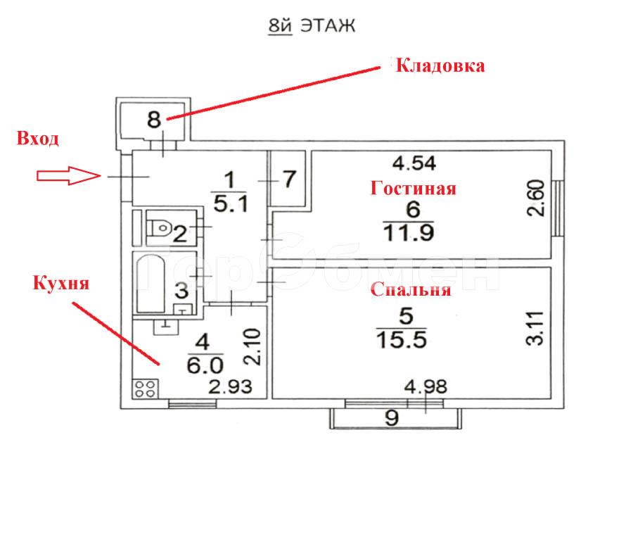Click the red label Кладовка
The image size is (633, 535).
[x=440, y=65]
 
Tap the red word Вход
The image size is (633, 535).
[x=37, y=139]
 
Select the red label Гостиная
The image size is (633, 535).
[x=414, y=188]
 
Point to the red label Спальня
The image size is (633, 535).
[x=411, y=289]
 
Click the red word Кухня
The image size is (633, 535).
[x=60, y=282]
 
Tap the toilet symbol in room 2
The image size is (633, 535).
[x=160, y=228]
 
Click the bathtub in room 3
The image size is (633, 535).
[x=151, y=284]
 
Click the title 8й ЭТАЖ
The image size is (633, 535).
[x=312, y=26]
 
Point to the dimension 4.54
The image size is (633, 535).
[x=414, y=163]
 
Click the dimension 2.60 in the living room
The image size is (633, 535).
[x=536, y=198]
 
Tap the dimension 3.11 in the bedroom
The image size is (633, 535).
[x=535, y=328]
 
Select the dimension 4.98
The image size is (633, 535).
[x=426, y=386]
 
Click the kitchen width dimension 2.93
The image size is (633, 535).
[x=230, y=386]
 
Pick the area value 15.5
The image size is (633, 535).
[x=402, y=339]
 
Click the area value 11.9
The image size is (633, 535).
[x=409, y=233]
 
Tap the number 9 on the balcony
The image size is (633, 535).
[x=392, y=418]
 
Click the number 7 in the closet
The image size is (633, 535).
[x=290, y=179]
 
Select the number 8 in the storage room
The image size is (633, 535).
[x=154, y=120]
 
